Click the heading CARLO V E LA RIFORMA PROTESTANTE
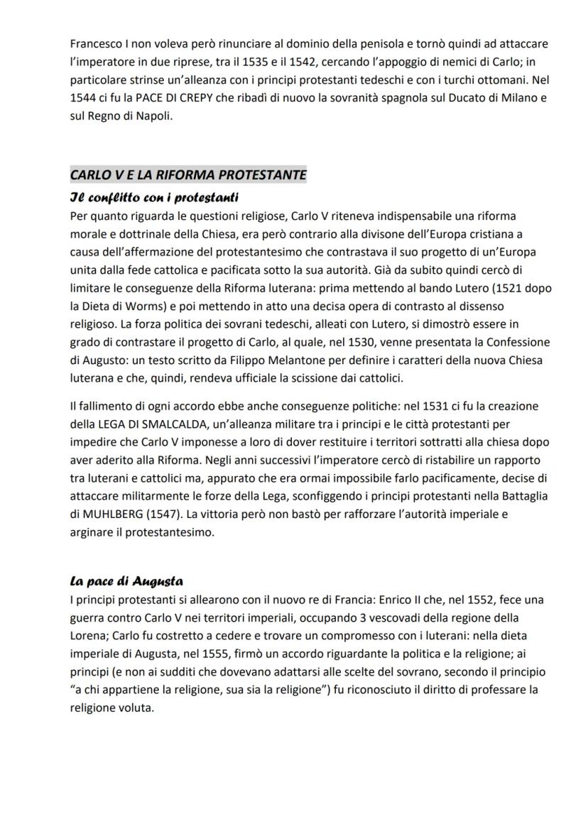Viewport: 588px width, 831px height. click(x=188, y=175)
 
